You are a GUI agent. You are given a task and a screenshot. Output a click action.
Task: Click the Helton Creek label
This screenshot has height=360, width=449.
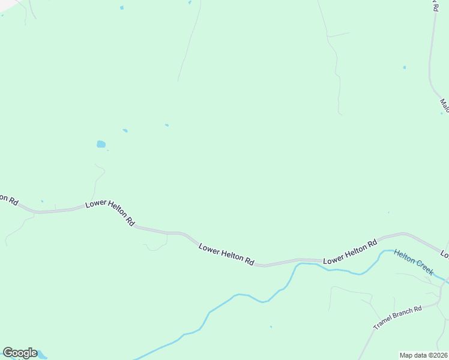click(414, 262)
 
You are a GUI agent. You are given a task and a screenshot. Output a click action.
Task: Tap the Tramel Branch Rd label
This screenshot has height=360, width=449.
click(398, 317)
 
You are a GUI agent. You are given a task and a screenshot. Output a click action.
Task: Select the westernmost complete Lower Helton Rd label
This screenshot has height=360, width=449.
click(110, 212)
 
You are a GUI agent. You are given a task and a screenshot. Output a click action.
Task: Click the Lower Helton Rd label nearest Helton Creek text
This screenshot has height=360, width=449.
click(350, 252)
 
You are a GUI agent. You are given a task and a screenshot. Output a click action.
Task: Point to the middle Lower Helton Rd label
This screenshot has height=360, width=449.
click(227, 254)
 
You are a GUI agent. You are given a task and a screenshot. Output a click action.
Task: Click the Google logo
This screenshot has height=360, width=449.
click(20, 353)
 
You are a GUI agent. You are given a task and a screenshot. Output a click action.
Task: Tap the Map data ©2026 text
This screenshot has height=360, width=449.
click(424, 355)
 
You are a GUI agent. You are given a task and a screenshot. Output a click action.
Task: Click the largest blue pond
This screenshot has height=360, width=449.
click(101, 144)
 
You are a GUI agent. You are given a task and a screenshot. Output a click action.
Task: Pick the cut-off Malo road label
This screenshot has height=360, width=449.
click(444, 106)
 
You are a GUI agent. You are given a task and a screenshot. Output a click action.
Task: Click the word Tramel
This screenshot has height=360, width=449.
click(383, 323)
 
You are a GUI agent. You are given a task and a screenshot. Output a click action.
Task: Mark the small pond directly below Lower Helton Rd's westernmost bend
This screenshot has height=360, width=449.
click(42, 201)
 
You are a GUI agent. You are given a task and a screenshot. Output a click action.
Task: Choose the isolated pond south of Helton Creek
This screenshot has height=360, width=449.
click(271, 327)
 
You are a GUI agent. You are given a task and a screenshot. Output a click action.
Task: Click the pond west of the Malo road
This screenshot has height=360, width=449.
click(405, 67)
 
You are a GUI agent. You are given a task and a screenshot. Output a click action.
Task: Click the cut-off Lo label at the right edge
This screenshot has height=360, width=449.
click(445, 253)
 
